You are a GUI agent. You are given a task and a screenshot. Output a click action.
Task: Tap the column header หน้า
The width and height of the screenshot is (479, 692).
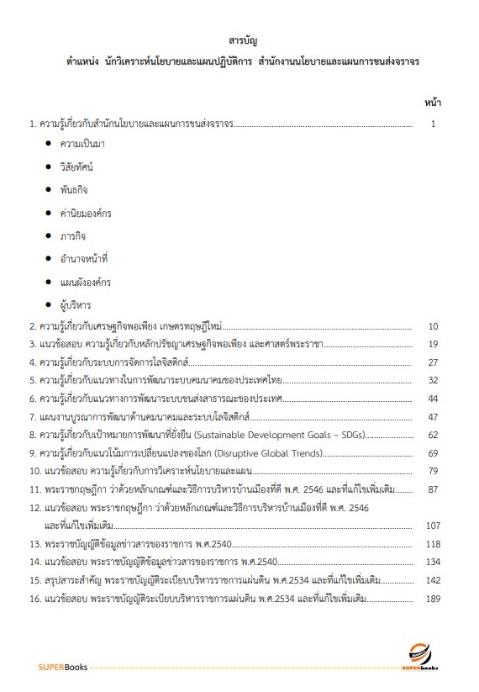coord(434,103)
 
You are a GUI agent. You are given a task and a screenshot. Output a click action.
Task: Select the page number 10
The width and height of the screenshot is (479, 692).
coord(434,325)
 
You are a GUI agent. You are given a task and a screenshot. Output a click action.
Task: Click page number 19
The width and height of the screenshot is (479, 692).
coord(434,344)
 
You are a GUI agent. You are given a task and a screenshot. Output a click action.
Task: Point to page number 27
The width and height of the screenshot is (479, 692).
coord(434,362)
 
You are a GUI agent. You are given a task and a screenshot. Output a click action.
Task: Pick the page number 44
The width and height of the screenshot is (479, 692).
coord(434,398)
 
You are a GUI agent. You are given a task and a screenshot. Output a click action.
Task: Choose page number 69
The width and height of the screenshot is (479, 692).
coord(434,453)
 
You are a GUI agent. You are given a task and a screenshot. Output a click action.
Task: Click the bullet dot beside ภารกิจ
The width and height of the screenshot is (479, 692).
coord(50,236)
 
